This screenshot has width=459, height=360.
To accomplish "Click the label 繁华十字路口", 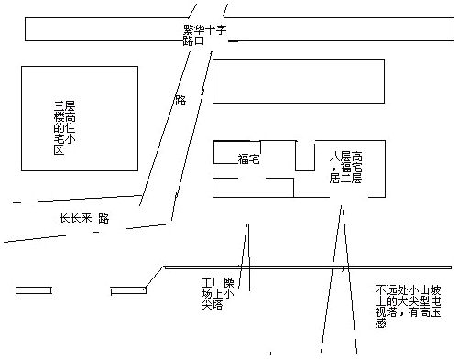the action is point(204,35).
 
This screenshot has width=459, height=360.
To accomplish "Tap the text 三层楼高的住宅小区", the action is point(64,127).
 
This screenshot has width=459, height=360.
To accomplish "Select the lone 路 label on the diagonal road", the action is point(180,100).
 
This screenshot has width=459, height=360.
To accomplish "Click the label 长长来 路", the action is point(84,218).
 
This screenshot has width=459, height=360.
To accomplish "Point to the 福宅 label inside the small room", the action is point(248,159).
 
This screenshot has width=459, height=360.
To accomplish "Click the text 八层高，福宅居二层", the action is point(345,168).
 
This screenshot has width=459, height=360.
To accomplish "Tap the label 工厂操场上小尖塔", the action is point(217,293).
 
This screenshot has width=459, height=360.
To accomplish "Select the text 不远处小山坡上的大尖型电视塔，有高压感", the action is point(408,306).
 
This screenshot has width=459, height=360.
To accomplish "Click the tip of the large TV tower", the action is point(342,206).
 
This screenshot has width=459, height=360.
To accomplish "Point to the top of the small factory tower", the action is point(247,224).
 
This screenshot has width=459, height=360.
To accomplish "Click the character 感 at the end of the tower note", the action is point(380,323).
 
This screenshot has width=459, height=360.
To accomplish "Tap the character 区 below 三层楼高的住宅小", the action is point(59,150).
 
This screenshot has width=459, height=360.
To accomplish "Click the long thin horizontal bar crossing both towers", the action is point(308,267).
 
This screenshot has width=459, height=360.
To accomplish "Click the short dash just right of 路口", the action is point(234,41).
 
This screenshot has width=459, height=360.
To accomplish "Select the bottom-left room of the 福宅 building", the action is point(253,188).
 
